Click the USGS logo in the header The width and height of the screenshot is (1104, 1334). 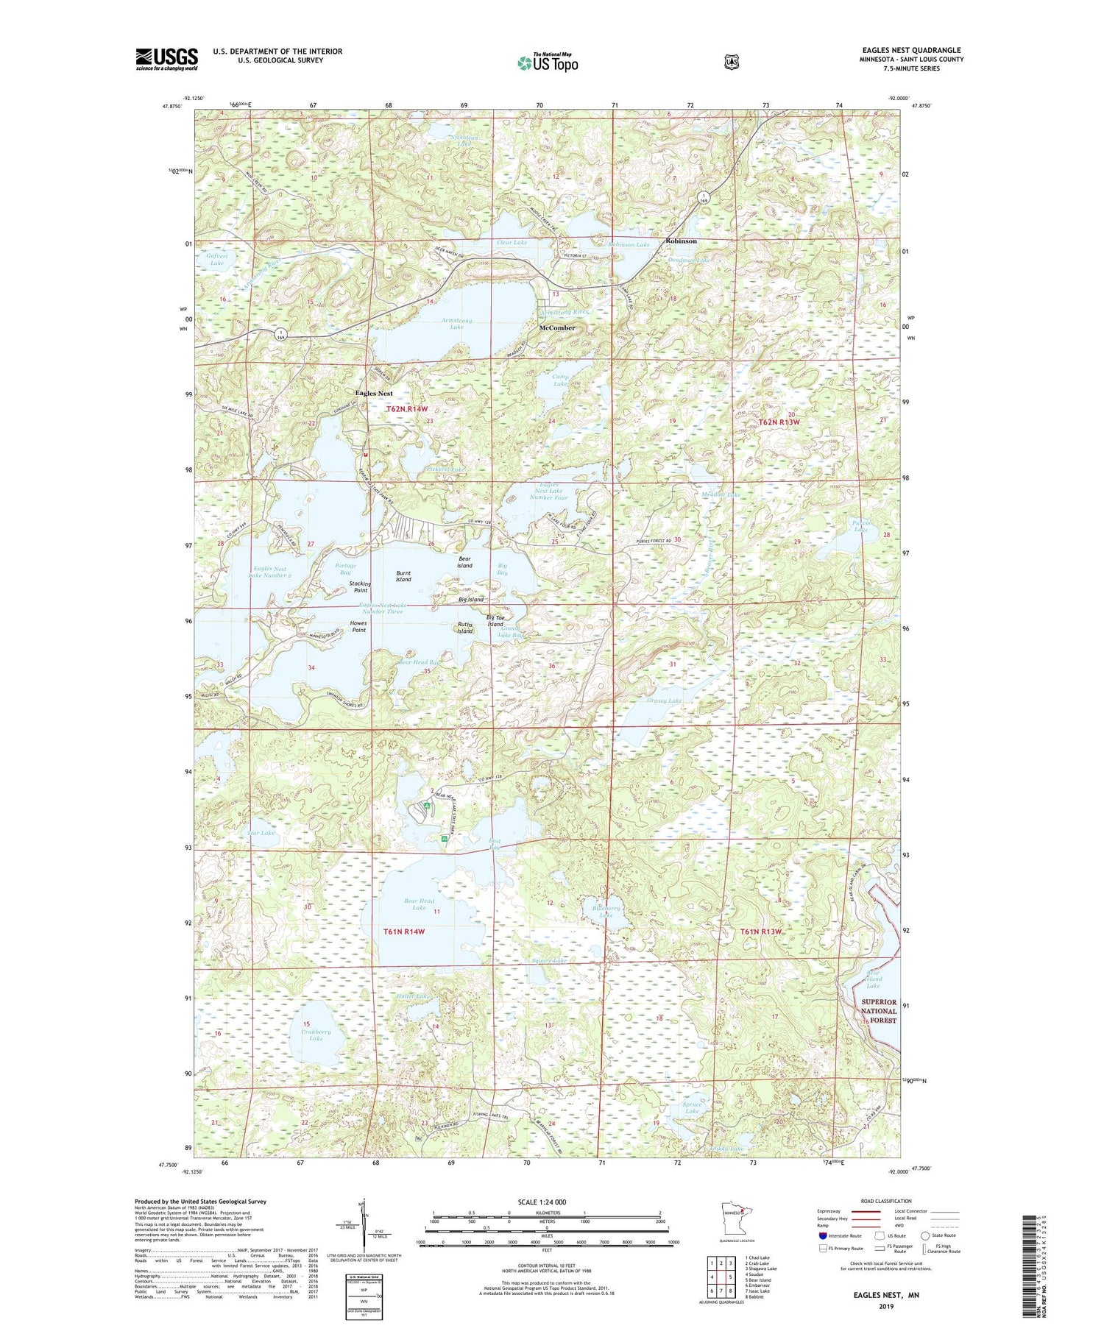click(166, 59)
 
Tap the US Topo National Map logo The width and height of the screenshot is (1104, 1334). click(547, 63)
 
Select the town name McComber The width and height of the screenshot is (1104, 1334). click(557, 327)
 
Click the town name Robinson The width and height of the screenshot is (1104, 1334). click(681, 241)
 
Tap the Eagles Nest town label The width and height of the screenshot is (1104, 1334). click(374, 393)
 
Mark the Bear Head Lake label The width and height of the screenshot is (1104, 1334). click(419, 904)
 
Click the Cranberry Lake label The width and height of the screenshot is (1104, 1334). click(316, 1035)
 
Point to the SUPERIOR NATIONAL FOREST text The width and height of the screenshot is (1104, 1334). click(879, 1011)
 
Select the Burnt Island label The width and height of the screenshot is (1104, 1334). click(403, 576)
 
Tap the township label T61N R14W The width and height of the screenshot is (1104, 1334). click(404, 932)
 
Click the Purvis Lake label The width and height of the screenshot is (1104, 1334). click(860, 526)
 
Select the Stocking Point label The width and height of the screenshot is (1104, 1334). click(360, 587)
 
